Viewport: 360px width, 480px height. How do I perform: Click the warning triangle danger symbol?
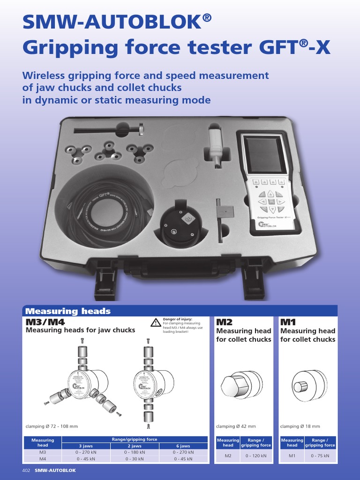(156, 322)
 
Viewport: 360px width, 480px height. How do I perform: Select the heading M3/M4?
(45, 322)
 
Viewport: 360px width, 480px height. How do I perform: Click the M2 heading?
(224, 322)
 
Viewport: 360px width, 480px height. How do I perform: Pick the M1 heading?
(288, 322)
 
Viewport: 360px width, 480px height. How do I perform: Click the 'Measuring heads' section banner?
(68, 311)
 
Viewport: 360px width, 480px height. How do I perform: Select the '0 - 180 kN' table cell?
(135, 452)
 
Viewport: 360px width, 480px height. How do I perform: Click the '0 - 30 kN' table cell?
(135, 459)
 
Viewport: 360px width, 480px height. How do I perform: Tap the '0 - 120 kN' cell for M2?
(256, 456)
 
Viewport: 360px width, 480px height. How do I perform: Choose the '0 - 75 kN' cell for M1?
(320, 456)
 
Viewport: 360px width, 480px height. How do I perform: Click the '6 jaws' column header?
(183, 446)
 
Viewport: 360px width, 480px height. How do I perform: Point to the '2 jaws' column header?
(135, 446)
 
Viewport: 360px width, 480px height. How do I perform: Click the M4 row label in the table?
(43, 459)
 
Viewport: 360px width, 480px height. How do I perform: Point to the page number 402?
(26, 470)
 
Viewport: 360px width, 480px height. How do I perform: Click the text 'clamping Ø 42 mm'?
(236, 426)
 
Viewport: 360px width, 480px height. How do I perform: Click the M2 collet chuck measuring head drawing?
(242, 384)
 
